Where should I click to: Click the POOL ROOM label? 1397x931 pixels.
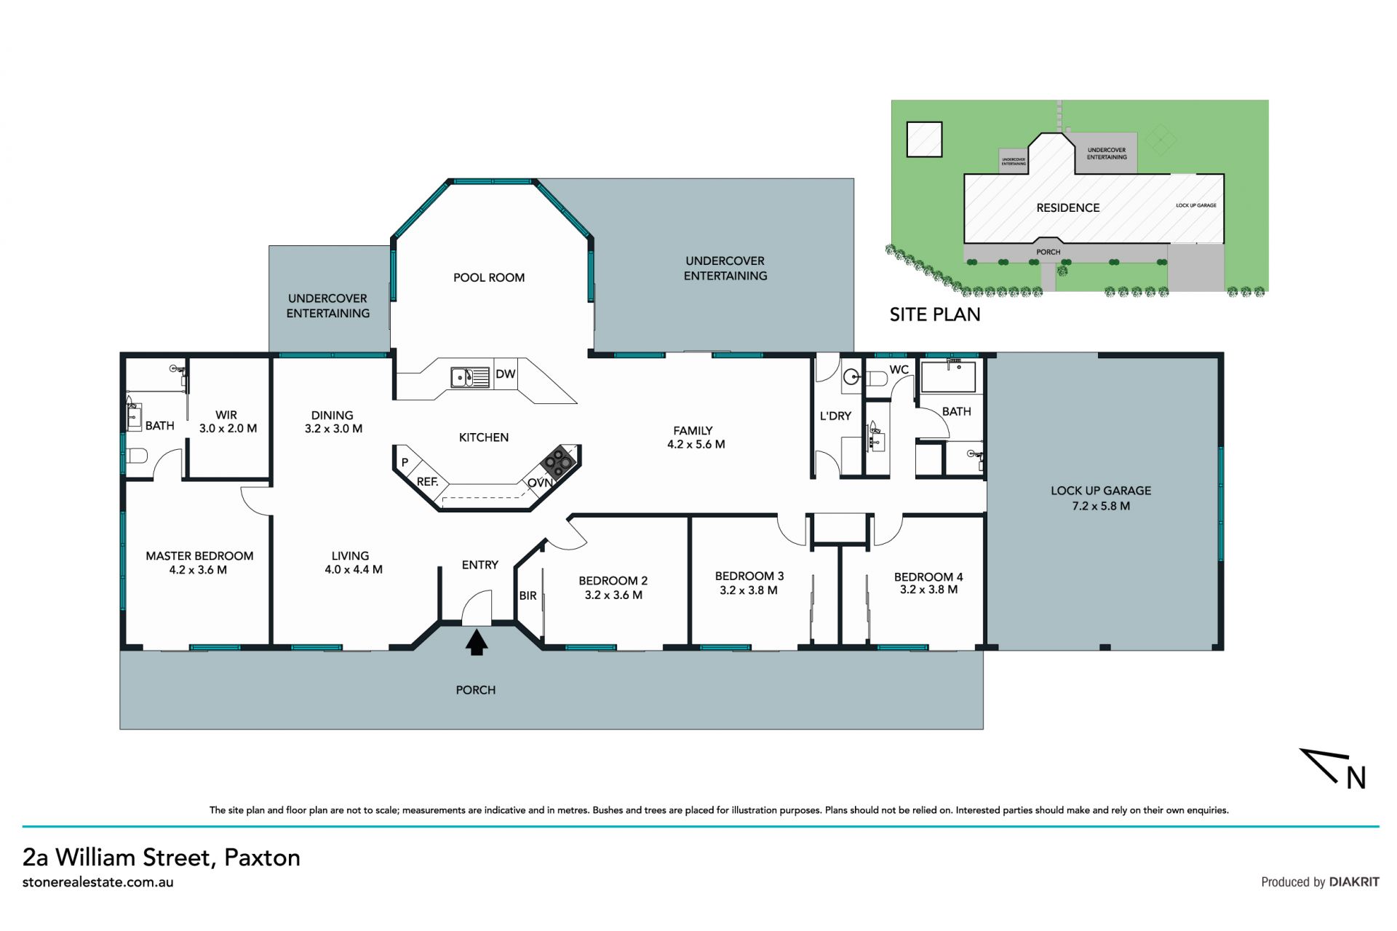(x=489, y=277)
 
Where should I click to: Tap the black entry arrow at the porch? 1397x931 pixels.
(x=477, y=643)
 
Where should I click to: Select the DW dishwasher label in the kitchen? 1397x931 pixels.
(x=505, y=374)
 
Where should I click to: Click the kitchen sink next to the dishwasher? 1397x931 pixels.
(x=470, y=377)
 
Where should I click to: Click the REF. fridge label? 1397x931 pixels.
(x=427, y=482)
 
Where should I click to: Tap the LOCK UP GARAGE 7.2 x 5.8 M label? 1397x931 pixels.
(x=1101, y=498)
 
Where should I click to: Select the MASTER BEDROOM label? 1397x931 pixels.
(x=199, y=556)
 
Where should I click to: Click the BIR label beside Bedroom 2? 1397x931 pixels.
(x=528, y=595)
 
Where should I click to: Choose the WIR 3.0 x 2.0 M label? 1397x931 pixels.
(x=228, y=421)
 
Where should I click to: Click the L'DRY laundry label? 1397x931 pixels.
(x=835, y=416)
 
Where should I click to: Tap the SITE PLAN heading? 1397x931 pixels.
(x=935, y=314)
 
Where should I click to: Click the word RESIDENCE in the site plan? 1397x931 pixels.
(x=1068, y=208)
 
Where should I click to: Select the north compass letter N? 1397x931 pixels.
(x=1356, y=778)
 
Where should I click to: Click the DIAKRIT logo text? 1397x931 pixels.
(x=1354, y=882)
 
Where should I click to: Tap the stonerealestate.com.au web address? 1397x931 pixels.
(x=97, y=882)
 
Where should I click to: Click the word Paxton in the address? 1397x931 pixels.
(x=262, y=857)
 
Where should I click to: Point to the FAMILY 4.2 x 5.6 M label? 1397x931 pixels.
(x=696, y=437)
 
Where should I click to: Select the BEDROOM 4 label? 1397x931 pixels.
(x=928, y=577)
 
